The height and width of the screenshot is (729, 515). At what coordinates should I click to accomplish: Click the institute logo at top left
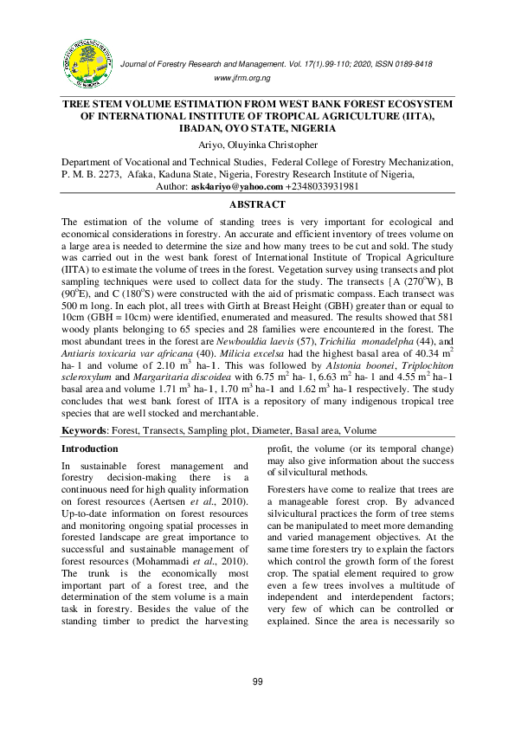tap(87, 63)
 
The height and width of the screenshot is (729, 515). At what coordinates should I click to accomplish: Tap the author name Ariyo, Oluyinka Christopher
tap(257, 145)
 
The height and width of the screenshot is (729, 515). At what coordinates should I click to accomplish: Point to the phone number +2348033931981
tap(323, 186)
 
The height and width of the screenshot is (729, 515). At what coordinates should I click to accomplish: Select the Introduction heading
tap(90, 448)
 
